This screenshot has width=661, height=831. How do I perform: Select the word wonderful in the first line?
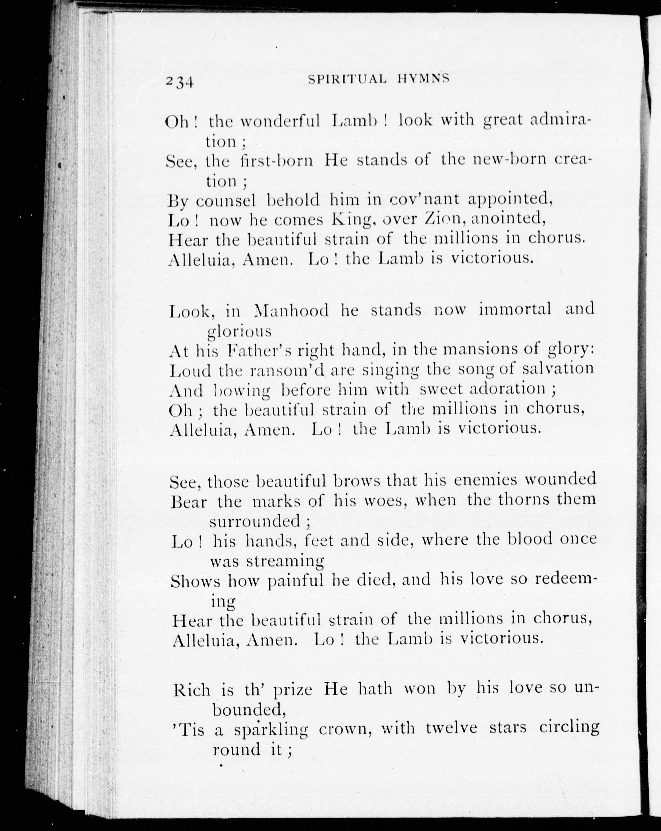[280, 121]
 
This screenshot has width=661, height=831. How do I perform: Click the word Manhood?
[292, 310]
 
